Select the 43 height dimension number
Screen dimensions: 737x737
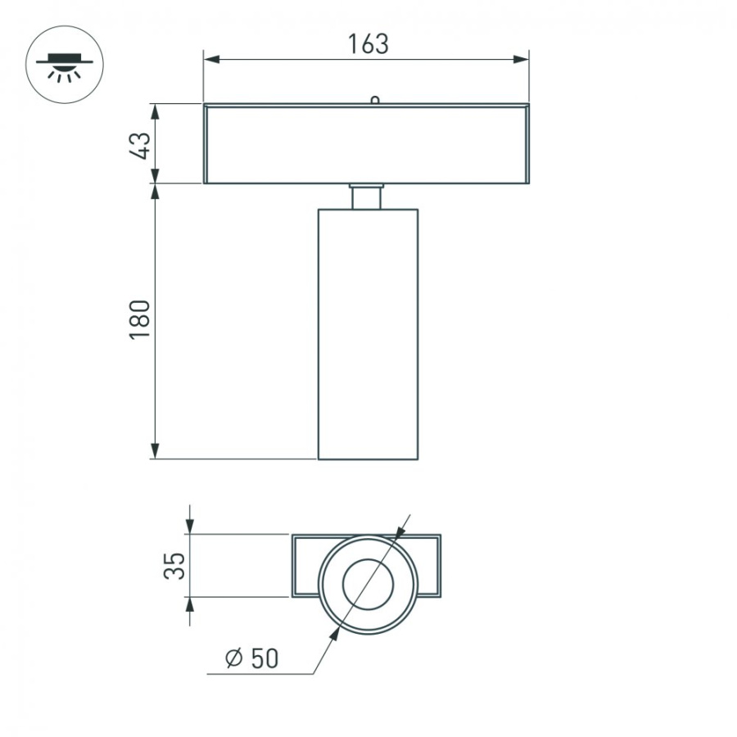click(140, 145)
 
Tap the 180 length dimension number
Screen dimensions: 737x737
click(140, 319)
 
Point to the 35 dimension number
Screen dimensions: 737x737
click(174, 566)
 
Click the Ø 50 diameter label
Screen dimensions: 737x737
click(251, 658)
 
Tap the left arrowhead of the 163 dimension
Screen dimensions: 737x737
click(212, 59)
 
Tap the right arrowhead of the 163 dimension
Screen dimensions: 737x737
click(520, 59)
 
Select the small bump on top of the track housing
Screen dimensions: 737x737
click(374, 100)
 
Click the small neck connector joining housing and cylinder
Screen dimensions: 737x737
click(367, 197)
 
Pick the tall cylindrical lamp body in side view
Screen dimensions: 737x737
click(368, 334)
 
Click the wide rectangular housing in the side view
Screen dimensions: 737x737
click(366, 144)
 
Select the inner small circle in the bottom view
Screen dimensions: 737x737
click(368, 585)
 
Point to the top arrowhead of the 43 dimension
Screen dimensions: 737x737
click(155, 111)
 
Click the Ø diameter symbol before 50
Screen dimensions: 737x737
click(233, 658)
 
